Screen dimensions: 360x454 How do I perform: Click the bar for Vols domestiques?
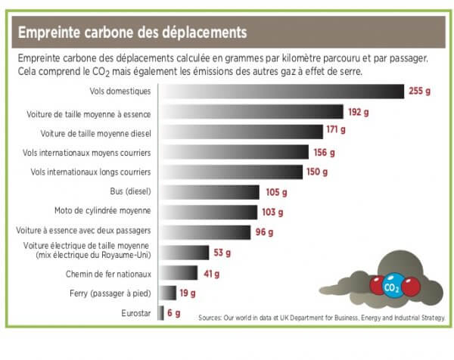click(280, 92)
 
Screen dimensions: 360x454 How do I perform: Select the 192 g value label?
click(358, 112)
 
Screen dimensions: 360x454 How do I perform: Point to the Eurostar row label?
click(136, 312)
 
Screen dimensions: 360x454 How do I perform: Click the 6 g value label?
click(173, 312)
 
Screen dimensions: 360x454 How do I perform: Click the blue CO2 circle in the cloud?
click(392, 287)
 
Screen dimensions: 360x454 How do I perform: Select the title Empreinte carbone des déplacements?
click(132, 33)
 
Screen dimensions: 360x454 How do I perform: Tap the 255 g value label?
click(419, 92)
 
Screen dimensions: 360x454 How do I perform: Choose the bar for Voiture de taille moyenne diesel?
click(241, 132)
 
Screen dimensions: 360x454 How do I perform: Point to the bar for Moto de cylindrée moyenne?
click(207, 212)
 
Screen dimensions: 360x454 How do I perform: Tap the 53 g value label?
click(222, 253)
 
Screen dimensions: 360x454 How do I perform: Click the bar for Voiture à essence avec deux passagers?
click(204, 232)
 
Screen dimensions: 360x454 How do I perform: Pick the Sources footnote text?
click(322, 317)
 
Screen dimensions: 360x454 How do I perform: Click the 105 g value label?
click(273, 192)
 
